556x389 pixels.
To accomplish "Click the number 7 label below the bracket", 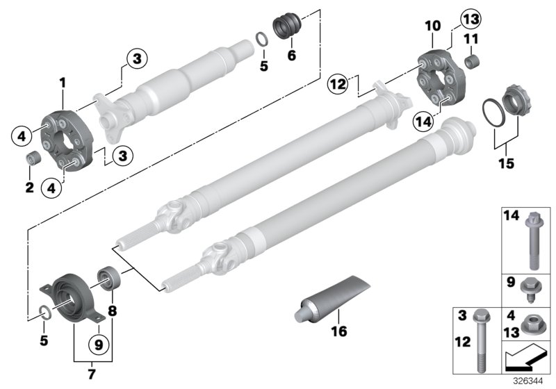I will pos(92,372).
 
